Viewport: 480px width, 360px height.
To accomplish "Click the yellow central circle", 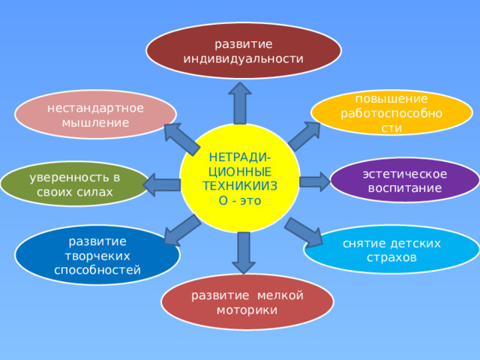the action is [240, 178].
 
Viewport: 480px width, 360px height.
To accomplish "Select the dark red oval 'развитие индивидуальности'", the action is [244, 50].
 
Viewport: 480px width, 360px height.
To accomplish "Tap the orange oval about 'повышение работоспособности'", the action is [391, 112].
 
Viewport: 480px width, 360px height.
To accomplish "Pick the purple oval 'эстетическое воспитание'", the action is [405, 180].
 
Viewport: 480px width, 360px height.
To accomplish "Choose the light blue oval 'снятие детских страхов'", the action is [391, 250].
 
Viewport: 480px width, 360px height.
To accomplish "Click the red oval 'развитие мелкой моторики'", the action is [247, 302].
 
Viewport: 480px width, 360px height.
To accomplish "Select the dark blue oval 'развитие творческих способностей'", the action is [97, 255].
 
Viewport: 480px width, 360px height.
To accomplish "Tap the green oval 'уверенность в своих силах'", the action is [75, 184].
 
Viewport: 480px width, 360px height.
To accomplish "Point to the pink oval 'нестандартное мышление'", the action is [95, 115].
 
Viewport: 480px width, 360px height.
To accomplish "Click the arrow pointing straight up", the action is [240, 103].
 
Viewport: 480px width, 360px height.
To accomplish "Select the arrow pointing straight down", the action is [244, 253].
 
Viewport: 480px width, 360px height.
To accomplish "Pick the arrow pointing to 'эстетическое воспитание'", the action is [315, 181].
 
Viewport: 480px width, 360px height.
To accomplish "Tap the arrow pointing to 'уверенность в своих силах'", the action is [162, 184].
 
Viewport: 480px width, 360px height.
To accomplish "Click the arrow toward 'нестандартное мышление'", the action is [181, 139].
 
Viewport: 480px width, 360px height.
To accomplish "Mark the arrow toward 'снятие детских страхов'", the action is [304, 232].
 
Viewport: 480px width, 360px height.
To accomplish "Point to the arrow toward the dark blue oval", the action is [182, 230].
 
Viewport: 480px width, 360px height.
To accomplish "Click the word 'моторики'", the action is [247, 310].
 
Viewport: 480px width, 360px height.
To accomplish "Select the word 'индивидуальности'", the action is [243, 58].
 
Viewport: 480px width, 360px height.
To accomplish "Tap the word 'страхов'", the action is [391, 257].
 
